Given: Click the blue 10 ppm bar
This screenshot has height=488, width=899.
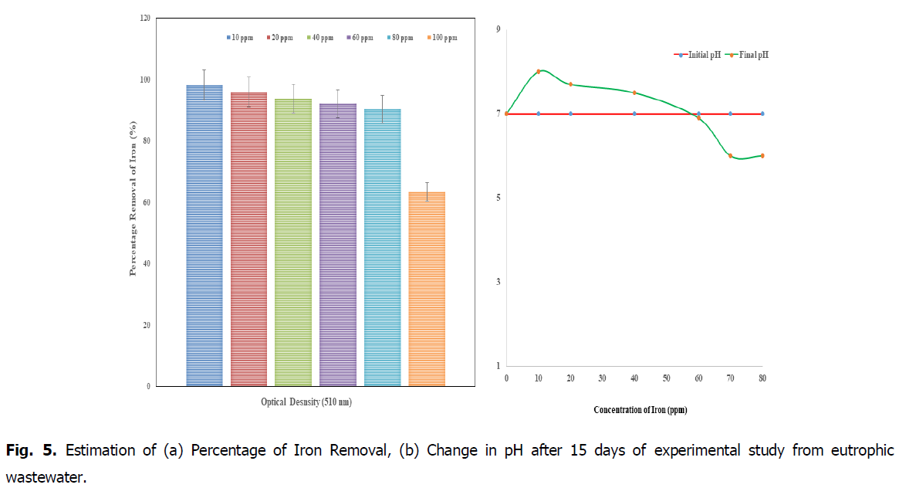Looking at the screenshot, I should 204,236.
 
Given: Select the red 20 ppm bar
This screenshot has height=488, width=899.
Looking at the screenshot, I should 248,239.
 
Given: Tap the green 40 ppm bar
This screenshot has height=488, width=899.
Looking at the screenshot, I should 293,242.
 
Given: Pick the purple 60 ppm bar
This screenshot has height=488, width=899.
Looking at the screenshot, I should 338,245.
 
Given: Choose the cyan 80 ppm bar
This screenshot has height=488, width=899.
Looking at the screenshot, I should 382,247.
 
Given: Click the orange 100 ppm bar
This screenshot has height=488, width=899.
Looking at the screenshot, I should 427,289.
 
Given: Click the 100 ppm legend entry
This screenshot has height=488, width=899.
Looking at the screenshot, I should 439,37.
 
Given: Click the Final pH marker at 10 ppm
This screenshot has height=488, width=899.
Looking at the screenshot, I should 539,71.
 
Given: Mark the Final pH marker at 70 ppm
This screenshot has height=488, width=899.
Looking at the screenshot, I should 730,156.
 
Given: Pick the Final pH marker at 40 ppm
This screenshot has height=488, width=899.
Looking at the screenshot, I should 634,93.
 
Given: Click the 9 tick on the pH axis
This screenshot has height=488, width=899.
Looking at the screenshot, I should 498,29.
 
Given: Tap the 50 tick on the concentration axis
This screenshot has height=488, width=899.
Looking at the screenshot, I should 666,378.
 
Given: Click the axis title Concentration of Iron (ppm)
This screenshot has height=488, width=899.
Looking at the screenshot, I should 640,410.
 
